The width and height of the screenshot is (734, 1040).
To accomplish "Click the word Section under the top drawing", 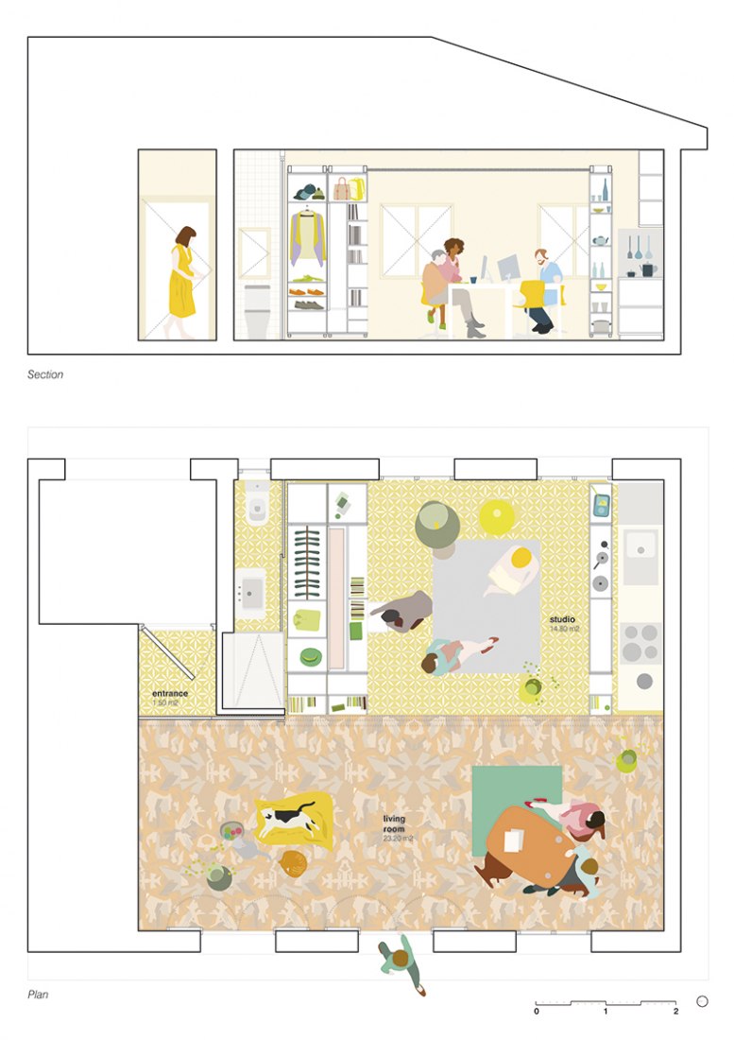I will click(45, 375).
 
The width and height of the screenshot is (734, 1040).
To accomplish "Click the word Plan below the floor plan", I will click(39, 995).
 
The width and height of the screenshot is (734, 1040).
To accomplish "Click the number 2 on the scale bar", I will click(675, 1012).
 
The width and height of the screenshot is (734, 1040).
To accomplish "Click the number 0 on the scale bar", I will click(537, 1012).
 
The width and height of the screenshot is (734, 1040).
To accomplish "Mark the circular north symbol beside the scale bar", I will click(702, 1001).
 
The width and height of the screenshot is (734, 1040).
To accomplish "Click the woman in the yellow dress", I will click(181, 281).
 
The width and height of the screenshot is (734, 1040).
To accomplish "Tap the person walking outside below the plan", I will click(403, 965).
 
